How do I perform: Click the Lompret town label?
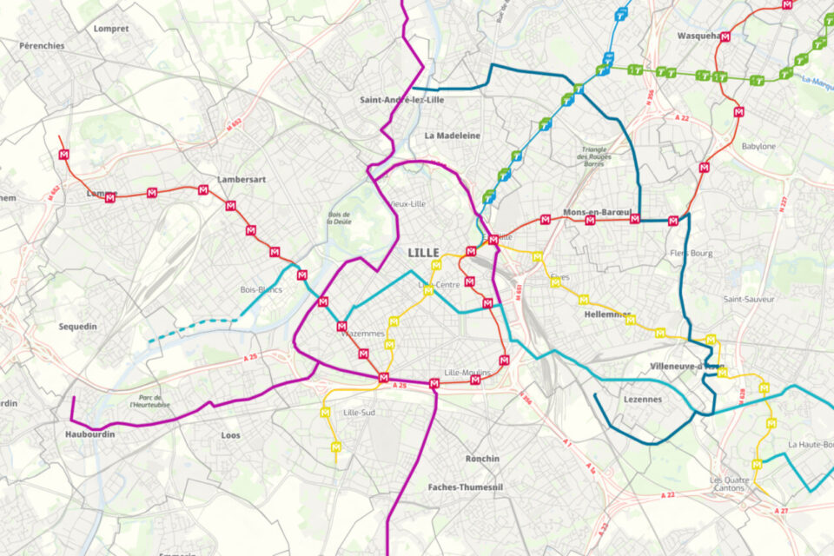tap(110, 28)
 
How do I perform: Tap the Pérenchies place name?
tap(42, 45)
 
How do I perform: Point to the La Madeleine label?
tap(452, 136)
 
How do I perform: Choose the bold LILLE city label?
tap(423, 253)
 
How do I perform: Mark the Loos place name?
tap(231, 435)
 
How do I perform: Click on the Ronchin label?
tap(482, 459)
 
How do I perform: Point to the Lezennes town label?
tap(643, 400)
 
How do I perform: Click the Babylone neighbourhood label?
tap(758, 146)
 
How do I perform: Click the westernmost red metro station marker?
tap(63, 155)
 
